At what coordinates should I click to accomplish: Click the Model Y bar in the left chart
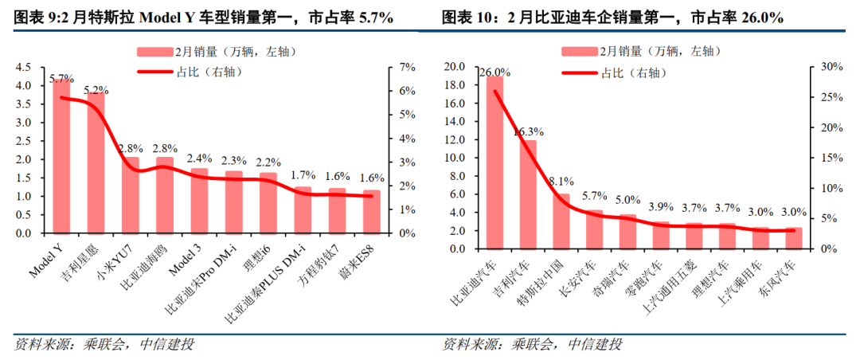click(61, 159)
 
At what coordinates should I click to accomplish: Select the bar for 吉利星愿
click(96, 164)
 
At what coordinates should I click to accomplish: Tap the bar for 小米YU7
click(131, 196)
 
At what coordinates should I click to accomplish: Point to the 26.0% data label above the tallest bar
click(494, 72)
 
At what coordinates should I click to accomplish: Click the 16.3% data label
click(528, 132)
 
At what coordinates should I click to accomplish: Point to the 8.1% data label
click(562, 181)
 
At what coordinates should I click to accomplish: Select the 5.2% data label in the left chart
click(96, 89)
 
